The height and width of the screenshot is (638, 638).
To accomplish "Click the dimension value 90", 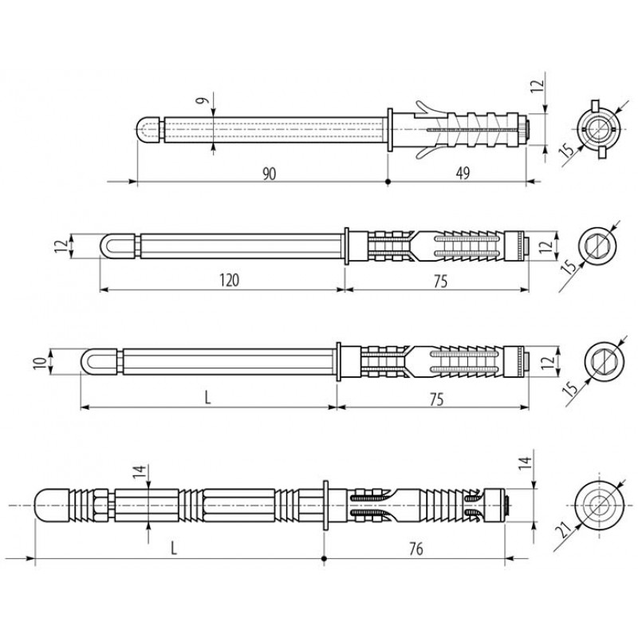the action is click(x=269, y=173).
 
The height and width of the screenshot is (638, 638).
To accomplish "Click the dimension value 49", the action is click(x=463, y=173).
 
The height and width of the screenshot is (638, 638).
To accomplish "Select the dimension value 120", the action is click(x=230, y=281).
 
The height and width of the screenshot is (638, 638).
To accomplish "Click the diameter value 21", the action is click(x=564, y=530).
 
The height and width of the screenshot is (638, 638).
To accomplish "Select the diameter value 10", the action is click(x=39, y=361).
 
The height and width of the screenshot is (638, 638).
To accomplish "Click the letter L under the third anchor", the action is click(x=207, y=398).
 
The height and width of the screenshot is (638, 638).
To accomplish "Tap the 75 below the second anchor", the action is click(x=440, y=282).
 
